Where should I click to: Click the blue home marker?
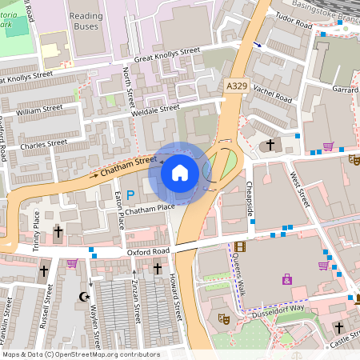click(x=180, y=172)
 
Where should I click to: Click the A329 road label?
click(x=236, y=85)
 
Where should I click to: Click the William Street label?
click(x=39, y=107)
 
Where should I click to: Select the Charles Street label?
click(x=44, y=145)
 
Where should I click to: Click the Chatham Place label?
click(x=150, y=208)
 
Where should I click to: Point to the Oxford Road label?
click(x=148, y=251)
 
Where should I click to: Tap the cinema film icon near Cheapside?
click(x=240, y=247)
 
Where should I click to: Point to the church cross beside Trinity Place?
click(x=58, y=232)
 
